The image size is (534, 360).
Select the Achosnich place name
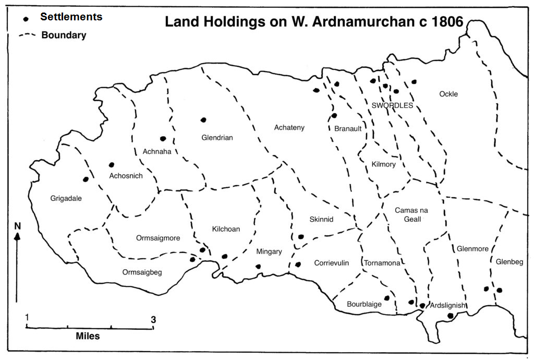pos(126,176)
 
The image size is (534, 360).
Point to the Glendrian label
pos(217,138)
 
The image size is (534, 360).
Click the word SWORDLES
pos(392,105)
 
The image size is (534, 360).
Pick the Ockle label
pos(448,94)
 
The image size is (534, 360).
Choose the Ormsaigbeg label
pos(142,272)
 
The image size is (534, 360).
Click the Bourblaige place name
pos(365,304)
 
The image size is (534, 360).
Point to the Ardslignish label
pos(447,305)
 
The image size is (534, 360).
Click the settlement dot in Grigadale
pos(86,179)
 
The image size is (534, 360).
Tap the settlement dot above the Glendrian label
pos(204,120)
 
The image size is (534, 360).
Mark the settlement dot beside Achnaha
pos(163,139)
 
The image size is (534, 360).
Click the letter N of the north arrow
pos(17,226)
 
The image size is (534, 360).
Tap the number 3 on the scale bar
pos(153,320)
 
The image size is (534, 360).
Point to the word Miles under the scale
pos(88,336)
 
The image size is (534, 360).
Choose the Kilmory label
pos(384,164)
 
